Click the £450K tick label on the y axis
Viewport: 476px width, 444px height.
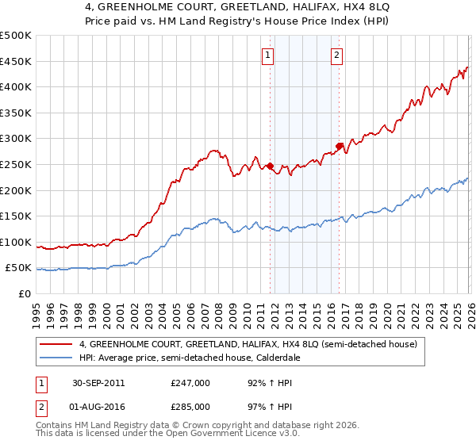(16, 61)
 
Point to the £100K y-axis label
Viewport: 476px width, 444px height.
(16, 242)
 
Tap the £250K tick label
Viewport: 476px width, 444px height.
(16, 164)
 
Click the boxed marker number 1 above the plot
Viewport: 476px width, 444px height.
(269, 55)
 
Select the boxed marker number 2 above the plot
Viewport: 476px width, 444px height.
(337, 55)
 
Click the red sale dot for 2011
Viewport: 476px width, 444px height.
(270, 166)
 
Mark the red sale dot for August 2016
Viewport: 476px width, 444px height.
(339, 146)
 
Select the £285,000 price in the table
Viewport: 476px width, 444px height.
(190, 406)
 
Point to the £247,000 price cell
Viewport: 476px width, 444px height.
(190, 383)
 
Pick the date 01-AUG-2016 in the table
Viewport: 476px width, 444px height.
(96, 406)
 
